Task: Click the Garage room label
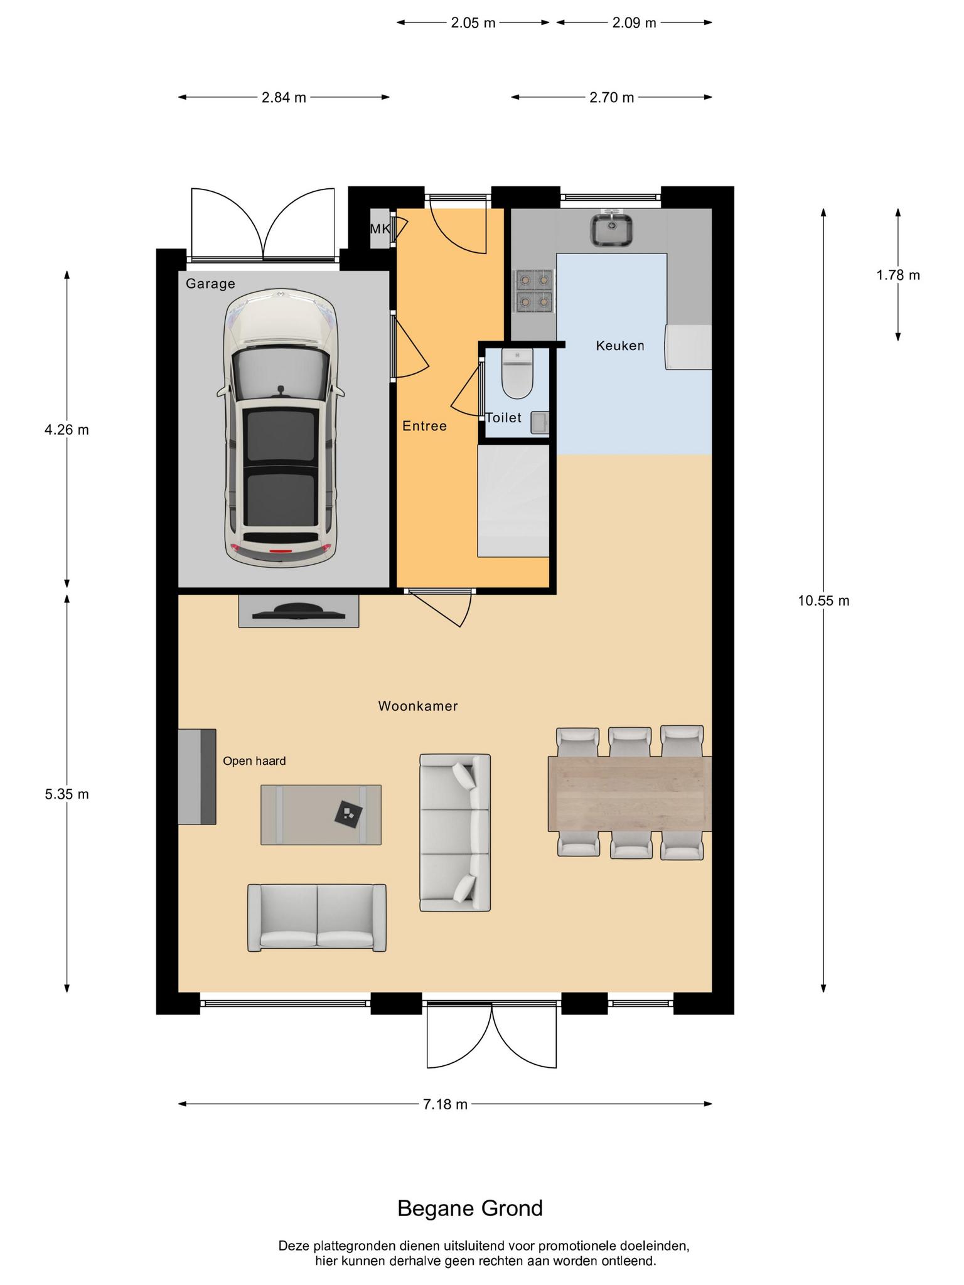[210, 284]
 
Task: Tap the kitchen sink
[611, 230]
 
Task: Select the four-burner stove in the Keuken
[534, 291]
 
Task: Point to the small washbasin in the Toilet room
[540, 423]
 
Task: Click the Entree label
[424, 426]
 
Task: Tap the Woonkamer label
[418, 706]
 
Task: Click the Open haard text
[254, 761]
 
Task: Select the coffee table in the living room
[321, 814]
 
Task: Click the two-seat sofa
[317, 917]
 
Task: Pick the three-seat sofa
[455, 833]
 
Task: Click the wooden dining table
[629, 794]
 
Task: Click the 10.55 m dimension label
[823, 600]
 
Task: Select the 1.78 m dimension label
[898, 275]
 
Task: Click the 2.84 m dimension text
[284, 97]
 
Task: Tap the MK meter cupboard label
[380, 229]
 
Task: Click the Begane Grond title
[470, 1208]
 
